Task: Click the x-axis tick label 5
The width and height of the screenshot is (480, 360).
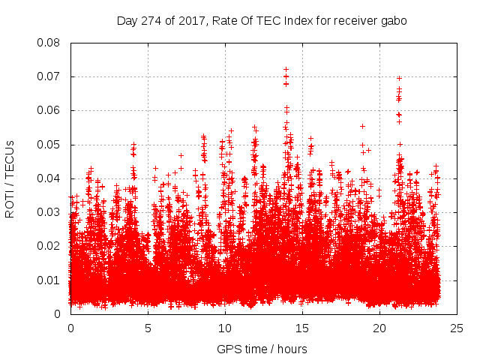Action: click(148, 328)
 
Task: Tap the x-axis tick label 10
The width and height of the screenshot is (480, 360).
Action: click(225, 328)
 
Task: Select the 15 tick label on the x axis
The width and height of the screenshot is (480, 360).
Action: click(302, 328)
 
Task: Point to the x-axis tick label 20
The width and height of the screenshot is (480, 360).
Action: click(379, 328)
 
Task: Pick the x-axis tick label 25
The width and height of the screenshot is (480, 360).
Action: click(457, 328)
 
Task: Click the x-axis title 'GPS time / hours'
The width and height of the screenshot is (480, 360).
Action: click(262, 349)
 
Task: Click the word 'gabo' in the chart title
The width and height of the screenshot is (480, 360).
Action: click(393, 21)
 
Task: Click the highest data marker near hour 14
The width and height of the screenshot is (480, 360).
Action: click(286, 69)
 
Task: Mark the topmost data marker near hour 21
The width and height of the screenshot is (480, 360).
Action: click(399, 78)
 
